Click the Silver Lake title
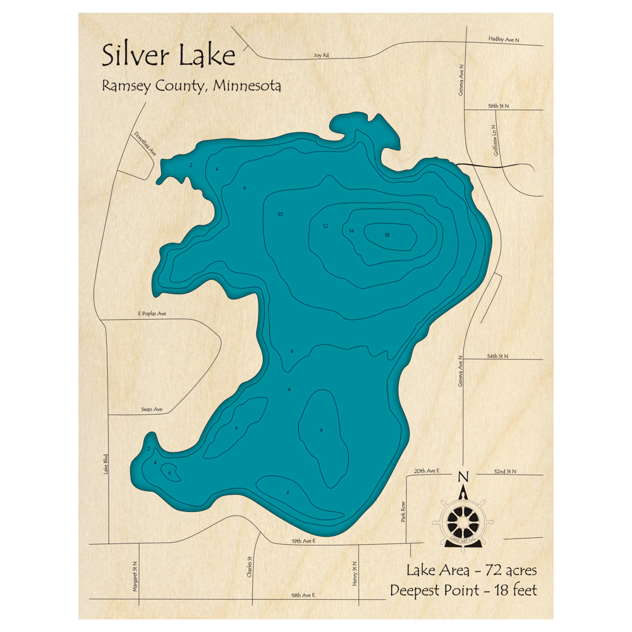[168, 55]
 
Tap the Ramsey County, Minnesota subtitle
[191, 86]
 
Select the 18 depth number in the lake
[387, 235]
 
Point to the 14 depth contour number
[351, 231]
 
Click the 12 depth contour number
[325, 226]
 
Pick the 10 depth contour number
[280, 214]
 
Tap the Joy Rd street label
[321, 56]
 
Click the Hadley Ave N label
[503, 39]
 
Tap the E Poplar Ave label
[152, 313]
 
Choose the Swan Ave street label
[152, 410]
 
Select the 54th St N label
[497, 356]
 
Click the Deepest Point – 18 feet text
[463, 590]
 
